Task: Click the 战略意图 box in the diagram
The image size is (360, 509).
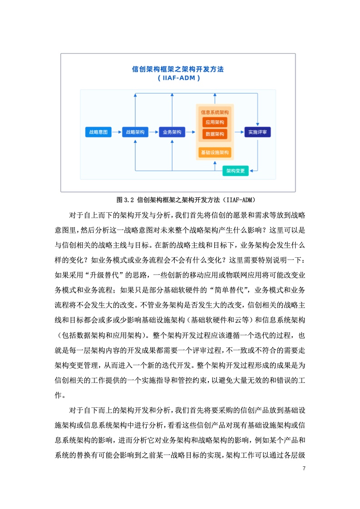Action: tap(98, 132)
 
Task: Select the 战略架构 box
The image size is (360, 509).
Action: tap(135, 132)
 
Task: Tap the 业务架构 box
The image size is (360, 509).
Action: tap(172, 132)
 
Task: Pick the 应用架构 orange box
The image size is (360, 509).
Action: tap(215, 122)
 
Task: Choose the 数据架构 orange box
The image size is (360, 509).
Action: tap(215, 134)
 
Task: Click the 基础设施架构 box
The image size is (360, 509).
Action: tap(215, 152)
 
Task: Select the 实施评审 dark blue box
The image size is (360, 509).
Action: tap(258, 132)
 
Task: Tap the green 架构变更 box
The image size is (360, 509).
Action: tap(236, 171)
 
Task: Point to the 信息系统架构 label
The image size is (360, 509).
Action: tap(215, 113)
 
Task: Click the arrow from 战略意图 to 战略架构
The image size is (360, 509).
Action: tap(117, 132)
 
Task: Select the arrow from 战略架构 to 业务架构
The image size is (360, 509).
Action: tap(154, 132)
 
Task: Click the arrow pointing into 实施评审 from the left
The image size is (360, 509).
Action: tap(239, 132)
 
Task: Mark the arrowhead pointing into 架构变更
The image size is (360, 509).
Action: tap(251, 171)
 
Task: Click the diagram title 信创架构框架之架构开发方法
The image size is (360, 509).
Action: tap(178, 69)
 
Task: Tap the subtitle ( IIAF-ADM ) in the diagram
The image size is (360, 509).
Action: tap(179, 78)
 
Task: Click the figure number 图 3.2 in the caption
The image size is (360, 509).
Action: tap(125, 200)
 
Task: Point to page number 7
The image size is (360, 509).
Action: tap(304, 469)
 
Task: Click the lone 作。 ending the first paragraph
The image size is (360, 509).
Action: tap(60, 396)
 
